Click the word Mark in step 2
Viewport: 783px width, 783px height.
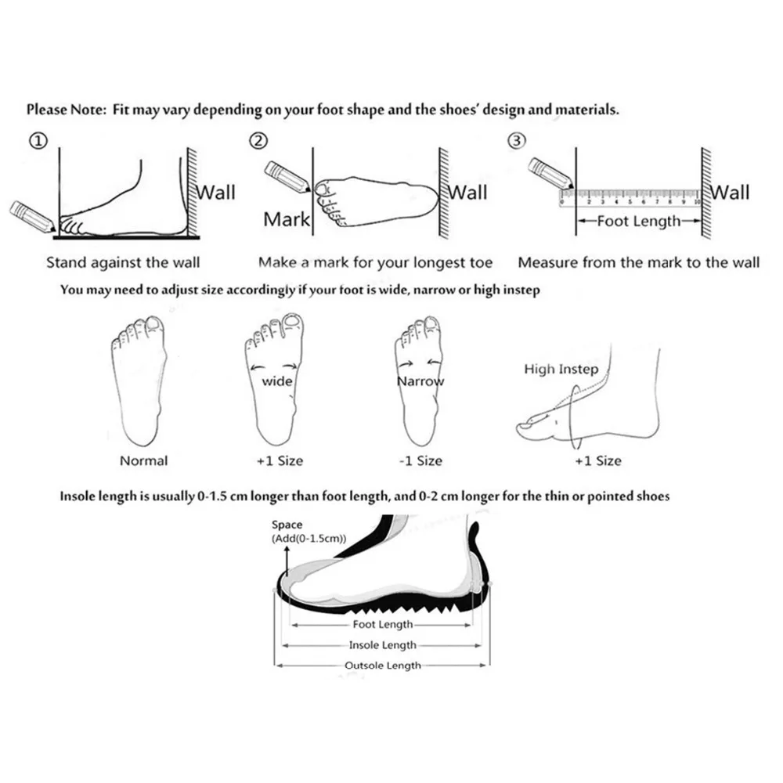(287, 219)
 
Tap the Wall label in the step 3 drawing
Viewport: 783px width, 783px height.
(729, 192)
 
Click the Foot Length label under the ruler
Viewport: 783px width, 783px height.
(639, 221)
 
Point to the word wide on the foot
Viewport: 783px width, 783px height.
(276, 381)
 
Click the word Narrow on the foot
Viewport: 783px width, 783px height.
(420, 381)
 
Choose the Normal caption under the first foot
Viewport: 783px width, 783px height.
(143, 460)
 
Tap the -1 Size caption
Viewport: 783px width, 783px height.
(420, 460)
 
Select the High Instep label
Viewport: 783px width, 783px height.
(561, 369)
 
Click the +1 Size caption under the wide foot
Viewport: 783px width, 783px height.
(280, 460)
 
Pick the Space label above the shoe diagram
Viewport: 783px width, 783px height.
(287, 525)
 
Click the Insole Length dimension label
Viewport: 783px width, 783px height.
(382, 645)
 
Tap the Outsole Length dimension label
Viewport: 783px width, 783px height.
(383, 666)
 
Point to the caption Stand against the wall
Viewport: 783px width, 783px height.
(123, 262)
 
